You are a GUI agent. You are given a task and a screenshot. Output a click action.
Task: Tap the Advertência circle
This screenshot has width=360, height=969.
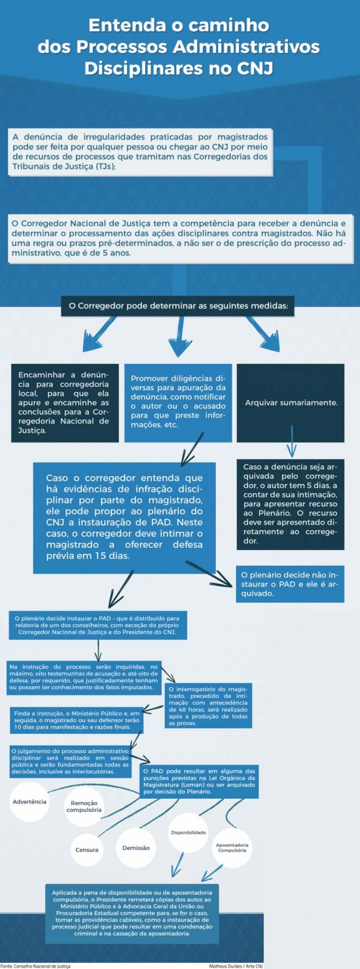click(x=29, y=801)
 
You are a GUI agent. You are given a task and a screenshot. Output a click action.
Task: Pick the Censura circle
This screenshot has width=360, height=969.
click(x=86, y=850)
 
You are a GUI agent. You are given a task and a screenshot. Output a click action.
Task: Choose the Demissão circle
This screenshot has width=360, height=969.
click(x=136, y=847)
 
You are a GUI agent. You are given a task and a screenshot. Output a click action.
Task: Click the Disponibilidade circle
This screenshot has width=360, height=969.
click(x=189, y=833)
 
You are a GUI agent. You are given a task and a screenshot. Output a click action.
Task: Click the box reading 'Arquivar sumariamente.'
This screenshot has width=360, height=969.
click(x=291, y=402)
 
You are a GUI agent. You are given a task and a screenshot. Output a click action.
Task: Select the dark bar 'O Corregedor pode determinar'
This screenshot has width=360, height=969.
click(x=178, y=305)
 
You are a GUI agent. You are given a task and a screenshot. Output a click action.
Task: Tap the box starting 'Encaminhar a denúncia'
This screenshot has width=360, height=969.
click(x=64, y=403)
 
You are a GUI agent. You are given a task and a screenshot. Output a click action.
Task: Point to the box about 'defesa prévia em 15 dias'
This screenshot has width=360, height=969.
click(x=124, y=517)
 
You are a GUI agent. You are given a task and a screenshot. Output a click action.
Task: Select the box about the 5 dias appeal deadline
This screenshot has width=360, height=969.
click(x=290, y=503)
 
